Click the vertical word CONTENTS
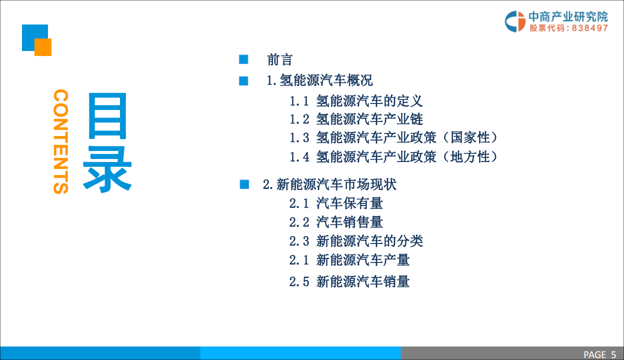pos(60,141)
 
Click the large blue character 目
pos(107,116)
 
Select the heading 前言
pos(279,60)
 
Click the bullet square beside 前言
pos(244,60)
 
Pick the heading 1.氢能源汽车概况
pos(320,80)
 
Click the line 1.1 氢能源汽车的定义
pos(356,101)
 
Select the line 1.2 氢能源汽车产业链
pos(356,119)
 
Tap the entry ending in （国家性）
pos(394,137)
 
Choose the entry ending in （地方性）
pos(394,156)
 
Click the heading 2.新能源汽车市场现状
pos(330,184)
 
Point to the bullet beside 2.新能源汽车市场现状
pos(244,184)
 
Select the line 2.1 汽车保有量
pos(336,203)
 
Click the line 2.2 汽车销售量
pos(336,222)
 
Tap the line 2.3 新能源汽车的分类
pos(356,241)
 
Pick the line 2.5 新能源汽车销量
pos(349,281)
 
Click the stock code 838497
pos(590,28)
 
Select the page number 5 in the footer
pos(614,354)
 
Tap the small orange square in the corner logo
pos(43,47)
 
